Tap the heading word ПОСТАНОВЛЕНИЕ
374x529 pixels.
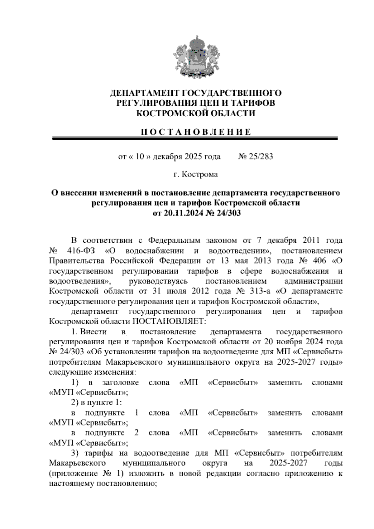[x=195, y=132]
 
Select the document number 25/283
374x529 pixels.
[x=260, y=157]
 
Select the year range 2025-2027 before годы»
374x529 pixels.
[x=302, y=362]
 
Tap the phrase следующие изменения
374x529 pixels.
[x=92, y=372]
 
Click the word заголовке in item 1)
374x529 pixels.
[x=120, y=383]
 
